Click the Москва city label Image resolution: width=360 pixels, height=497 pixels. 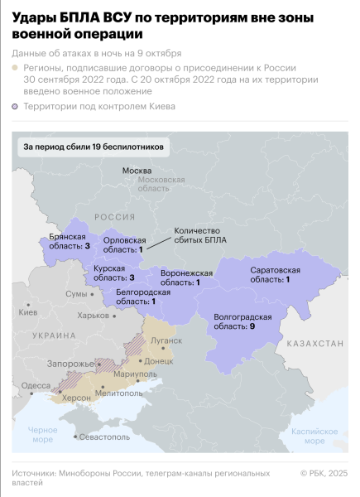[x=137, y=171]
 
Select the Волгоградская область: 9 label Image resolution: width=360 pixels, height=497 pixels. [x=243, y=322]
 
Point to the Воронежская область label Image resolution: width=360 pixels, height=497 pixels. [x=187, y=277]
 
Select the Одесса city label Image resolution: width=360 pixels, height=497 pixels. [x=36, y=385]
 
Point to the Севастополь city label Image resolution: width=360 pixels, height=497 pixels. [x=105, y=436]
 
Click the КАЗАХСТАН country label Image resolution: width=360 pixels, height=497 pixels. [x=314, y=342]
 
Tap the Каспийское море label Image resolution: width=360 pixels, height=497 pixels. [x=315, y=436]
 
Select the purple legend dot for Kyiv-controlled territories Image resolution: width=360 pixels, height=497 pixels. [x=16, y=107]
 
